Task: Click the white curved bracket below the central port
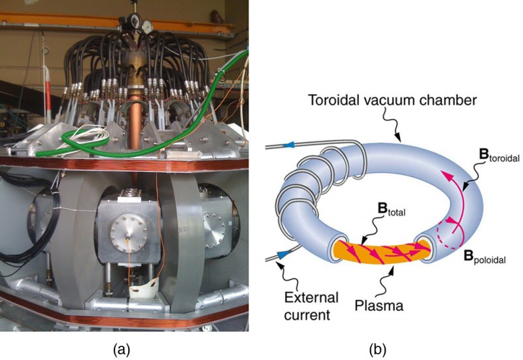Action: [143, 287]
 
